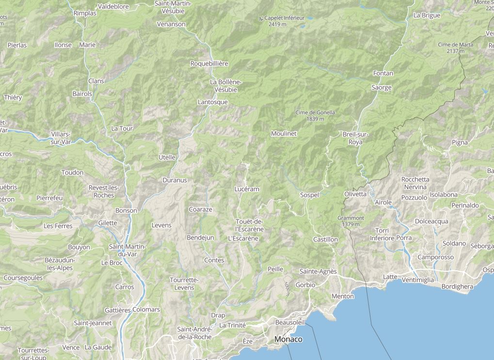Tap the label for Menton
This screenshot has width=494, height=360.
pos(343,296)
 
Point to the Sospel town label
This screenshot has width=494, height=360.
pos(309,195)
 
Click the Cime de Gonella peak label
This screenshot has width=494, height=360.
pos(315,115)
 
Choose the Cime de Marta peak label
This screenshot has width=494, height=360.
pos(455,47)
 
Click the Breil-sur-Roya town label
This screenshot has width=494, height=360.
pos(355,138)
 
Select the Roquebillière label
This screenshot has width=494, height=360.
pos(209,63)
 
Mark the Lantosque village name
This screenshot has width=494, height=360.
pos(212,102)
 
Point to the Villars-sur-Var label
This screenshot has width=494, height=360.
pos(61,138)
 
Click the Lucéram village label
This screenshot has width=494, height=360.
pos(246,189)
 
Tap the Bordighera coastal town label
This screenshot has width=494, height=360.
pos(457,286)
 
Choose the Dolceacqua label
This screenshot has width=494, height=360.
pos(431,221)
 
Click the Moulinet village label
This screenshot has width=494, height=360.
pos(284,133)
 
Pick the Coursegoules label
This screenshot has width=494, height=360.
pos(23,278)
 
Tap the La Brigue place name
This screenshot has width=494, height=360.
pos(427,15)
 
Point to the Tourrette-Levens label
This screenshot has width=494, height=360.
pos(184,283)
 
